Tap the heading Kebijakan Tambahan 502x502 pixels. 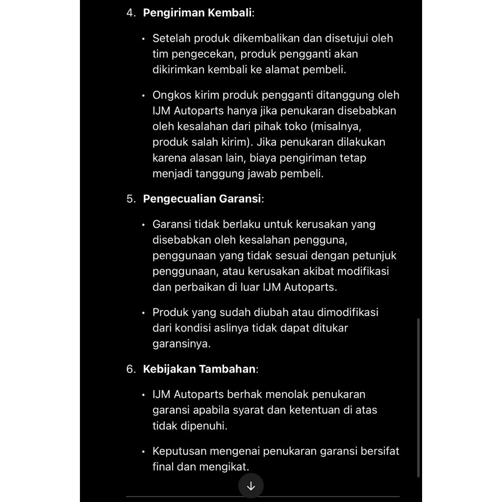[199, 369]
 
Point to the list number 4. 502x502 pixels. [130, 13]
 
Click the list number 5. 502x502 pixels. [130, 199]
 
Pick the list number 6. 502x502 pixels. [130, 369]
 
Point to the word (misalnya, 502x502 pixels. [336, 126]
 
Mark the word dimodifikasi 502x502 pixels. [348, 313]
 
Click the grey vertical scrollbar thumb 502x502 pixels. [418, 397]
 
